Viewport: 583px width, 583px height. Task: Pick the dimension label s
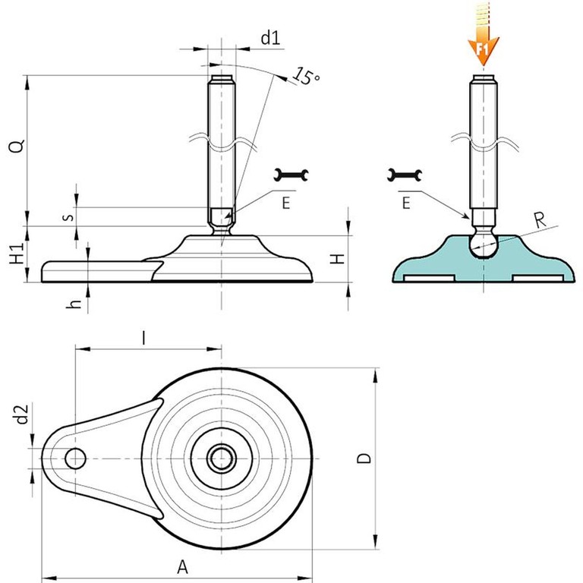[68, 216]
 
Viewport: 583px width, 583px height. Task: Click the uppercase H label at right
[341, 257]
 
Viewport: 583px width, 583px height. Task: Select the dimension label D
[365, 458]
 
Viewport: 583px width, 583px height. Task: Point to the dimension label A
[181, 566]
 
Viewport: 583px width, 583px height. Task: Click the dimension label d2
[22, 414]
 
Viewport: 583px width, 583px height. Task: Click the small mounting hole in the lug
[75, 458]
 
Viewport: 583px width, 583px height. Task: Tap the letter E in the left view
[285, 202]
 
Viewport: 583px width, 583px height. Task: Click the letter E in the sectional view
[405, 202]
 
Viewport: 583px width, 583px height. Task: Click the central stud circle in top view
[222, 458]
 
